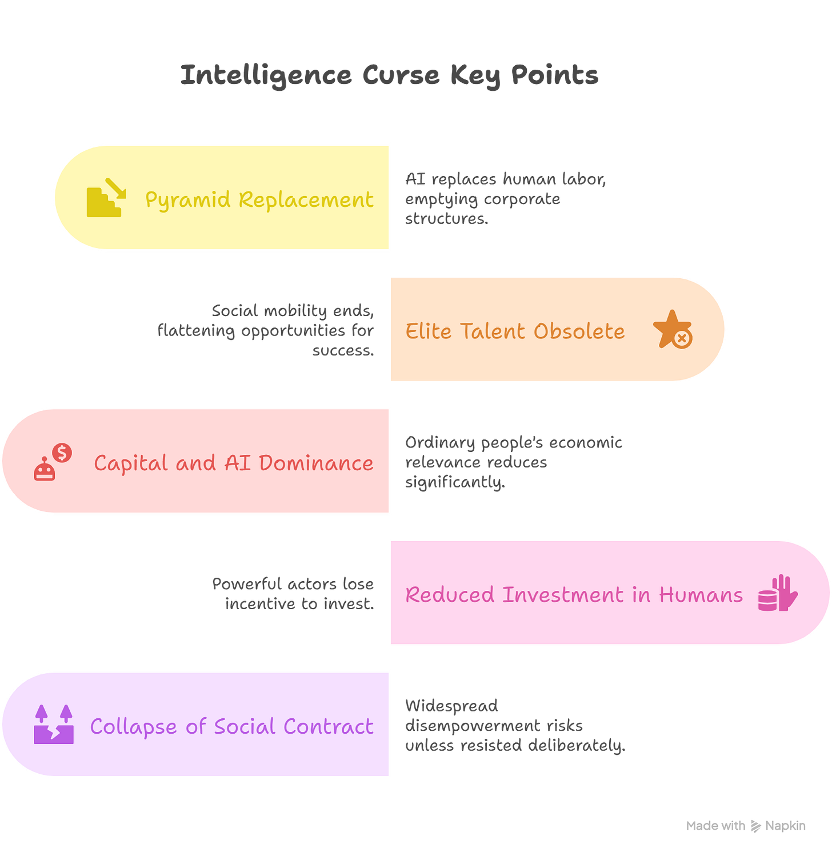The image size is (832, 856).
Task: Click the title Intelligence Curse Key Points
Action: (x=390, y=75)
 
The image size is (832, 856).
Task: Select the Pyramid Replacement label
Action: (x=259, y=199)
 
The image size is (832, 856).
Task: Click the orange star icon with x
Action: (x=673, y=330)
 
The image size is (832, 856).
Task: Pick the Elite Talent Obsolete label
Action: (x=515, y=331)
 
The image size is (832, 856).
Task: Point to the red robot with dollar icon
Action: (x=53, y=462)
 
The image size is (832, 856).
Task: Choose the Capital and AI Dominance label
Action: (x=234, y=463)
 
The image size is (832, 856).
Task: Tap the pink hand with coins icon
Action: (x=778, y=594)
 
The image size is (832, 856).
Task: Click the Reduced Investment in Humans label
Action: (x=574, y=595)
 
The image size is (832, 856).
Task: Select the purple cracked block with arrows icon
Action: (x=54, y=725)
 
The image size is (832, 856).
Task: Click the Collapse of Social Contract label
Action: (x=231, y=726)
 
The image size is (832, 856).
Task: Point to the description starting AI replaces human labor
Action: (x=505, y=199)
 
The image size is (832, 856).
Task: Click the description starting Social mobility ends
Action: (x=266, y=330)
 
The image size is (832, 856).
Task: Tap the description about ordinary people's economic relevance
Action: (x=513, y=462)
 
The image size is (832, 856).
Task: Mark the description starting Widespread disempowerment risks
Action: (x=514, y=725)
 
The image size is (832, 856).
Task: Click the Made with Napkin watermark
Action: (x=745, y=825)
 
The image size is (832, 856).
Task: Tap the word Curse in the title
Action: (x=401, y=75)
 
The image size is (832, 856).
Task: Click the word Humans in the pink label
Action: (x=701, y=595)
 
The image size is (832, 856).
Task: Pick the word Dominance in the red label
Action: (x=316, y=463)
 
